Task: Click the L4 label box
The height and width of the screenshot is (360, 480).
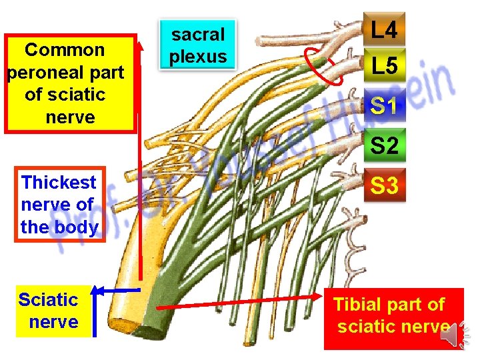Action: [x=384, y=30]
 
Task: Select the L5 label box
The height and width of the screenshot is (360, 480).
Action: [x=384, y=66]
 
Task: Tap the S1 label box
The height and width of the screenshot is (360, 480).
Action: [x=384, y=105]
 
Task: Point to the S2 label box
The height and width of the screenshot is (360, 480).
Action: [x=384, y=145]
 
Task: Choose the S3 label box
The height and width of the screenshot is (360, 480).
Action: [x=384, y=185]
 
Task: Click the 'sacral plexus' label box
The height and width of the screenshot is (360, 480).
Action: [x=198, y=45]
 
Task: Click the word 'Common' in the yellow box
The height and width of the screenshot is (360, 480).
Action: [x=65, y=50]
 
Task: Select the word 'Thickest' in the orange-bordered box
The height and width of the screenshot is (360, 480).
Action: [x=59, y=182]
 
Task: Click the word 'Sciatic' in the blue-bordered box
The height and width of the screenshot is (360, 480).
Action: [x=48, y=299]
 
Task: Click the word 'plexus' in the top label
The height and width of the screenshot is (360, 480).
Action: [x=198, y=57]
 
